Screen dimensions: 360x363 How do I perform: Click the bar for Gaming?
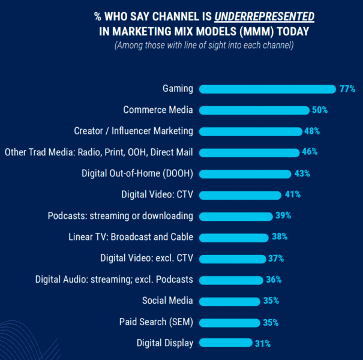[267, 89]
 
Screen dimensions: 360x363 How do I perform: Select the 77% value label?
[347, 89]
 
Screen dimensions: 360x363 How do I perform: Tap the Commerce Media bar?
[253, 110]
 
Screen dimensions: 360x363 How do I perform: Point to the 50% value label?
[319, 110]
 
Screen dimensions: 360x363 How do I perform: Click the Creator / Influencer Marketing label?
[133, 131]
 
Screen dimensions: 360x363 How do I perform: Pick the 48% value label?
[312, 131]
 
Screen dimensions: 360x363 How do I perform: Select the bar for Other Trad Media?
[248, 152]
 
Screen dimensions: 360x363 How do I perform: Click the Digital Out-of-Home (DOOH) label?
[137, 173]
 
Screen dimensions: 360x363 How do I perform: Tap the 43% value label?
[302, 173]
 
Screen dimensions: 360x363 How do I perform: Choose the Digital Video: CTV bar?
[239, 195]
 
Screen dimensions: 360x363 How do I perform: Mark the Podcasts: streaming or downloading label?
[120, 216]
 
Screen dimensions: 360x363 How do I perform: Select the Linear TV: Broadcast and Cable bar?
[233, 237]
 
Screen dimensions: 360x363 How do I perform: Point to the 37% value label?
[276, 259]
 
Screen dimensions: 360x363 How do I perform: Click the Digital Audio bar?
[230, 280]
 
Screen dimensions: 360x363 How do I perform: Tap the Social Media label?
[167, 301]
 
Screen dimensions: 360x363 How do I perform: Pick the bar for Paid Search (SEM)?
[229, 322]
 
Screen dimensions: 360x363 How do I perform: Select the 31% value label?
[262, 344]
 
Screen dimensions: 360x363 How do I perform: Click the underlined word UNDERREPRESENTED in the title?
[265, 16]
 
